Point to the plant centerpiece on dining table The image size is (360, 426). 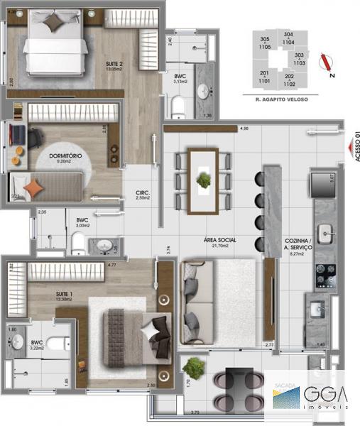[x=204, y=180]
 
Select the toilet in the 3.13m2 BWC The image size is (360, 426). [x=178, y=107]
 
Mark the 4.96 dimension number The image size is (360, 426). [x=244, y=129]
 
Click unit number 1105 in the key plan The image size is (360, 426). [x=265, y=47]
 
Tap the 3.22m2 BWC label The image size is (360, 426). [x=36, y=344]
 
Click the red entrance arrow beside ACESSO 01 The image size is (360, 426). [x=347, y=148]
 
